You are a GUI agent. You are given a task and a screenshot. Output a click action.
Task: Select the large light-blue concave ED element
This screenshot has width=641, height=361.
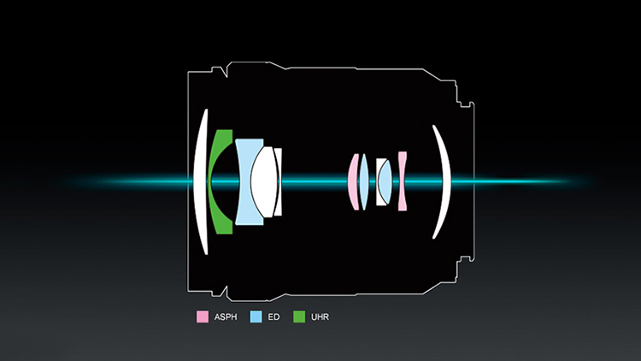pos(245,181)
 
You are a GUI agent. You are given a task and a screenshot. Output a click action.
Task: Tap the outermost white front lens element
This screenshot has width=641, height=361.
pos(200,181)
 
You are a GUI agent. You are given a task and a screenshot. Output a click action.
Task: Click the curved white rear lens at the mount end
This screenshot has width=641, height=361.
pos(444,181)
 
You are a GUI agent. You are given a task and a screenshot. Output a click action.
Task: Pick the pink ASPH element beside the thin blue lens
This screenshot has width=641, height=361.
pos(353,181)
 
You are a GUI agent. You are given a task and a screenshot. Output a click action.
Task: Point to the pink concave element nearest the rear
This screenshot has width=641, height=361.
pos(403,181)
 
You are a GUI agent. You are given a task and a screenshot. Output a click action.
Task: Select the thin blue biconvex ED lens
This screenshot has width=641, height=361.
pos(364,181)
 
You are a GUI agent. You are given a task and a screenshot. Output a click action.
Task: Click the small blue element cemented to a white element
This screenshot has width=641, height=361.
pos(385,181)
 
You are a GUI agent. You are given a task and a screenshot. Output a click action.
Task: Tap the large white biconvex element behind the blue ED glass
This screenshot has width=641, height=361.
pos(264,181)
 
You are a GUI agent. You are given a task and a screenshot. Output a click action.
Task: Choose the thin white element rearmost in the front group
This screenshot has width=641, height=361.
pos(279,181)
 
